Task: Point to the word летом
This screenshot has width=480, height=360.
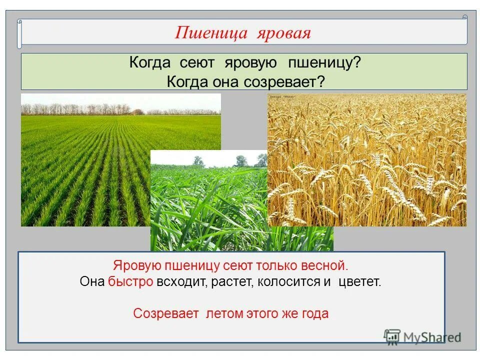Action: pyautogui.click(x=224, y=313)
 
